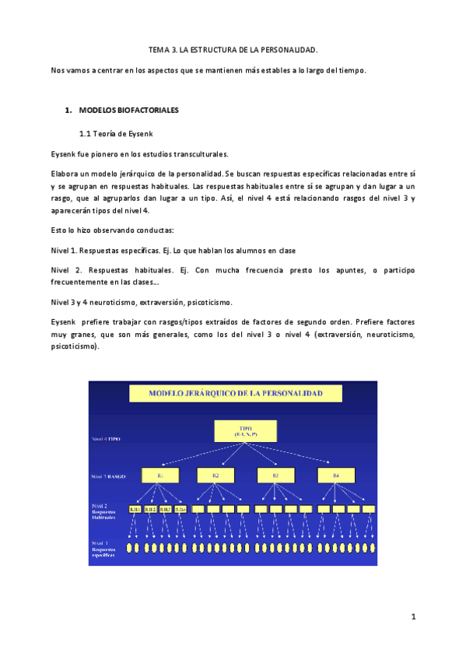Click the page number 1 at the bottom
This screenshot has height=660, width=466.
[414, 617]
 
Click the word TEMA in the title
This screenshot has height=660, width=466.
[159, 49]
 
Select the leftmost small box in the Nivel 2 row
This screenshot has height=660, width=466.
[135, 509]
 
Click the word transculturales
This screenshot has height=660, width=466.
[180, 154]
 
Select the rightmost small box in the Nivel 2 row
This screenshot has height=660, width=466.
[370, 509]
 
